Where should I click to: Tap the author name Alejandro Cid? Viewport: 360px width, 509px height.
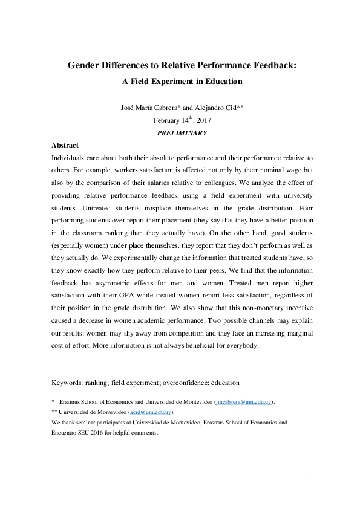(214, 109)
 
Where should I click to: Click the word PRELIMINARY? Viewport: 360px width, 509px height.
(182, 133)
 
